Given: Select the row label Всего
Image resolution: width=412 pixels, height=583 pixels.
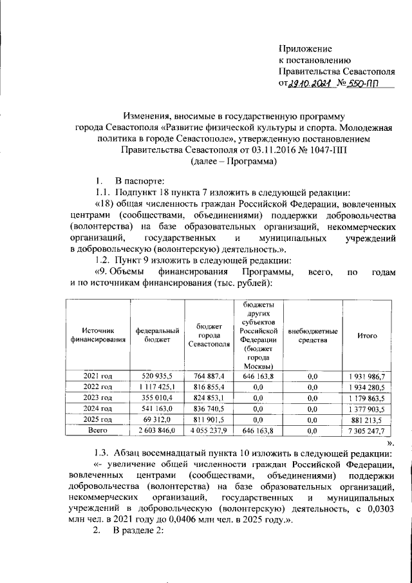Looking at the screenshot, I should (x=98, y=430).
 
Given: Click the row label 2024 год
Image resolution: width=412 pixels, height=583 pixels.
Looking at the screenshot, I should (x=98, y=408).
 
